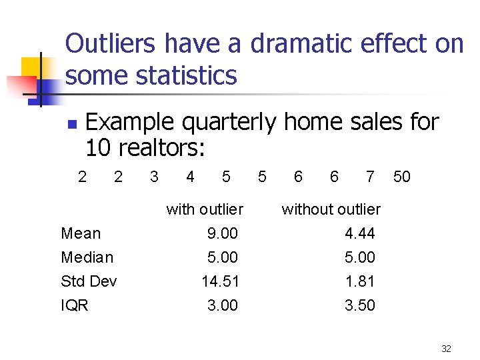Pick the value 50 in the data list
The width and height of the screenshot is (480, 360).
402,177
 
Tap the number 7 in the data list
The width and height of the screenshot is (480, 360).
370,177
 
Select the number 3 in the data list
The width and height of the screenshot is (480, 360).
154,177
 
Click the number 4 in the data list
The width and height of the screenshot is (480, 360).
190,177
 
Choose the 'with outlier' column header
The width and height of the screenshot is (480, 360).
205,209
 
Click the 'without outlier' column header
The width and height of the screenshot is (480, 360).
331,209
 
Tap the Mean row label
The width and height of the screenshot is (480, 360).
81,233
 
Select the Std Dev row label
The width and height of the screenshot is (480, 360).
89,281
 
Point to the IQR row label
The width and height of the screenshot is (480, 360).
75,305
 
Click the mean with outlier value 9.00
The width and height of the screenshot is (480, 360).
222,233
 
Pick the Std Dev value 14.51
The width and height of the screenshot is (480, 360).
220,281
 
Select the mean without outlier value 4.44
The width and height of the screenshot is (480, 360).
360,233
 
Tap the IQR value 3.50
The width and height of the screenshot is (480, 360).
360,305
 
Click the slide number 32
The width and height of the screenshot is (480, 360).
446,349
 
